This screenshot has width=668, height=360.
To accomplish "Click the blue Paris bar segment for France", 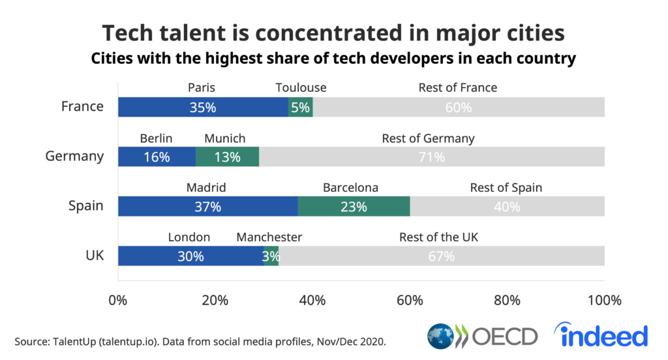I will coord(202,107).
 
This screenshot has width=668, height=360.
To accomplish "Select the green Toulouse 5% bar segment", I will coord(300,107).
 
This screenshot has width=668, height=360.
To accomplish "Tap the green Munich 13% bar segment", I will coord(227,157).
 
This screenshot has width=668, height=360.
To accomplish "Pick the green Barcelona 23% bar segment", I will coord(354,206).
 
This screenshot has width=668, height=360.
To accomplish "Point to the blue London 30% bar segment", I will coord(190,256).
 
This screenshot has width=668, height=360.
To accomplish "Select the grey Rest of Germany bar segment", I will coord(431,157).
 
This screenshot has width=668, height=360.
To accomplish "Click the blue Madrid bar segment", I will coord(207,206).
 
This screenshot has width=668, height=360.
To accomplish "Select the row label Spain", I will coord(86,205).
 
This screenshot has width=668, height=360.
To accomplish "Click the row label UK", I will coord(95,255).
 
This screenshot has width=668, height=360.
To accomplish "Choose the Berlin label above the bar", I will coord(156,138).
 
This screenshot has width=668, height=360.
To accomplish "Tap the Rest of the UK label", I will coord(438,237).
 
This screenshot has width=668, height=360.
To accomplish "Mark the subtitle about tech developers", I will coord(333,59).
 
